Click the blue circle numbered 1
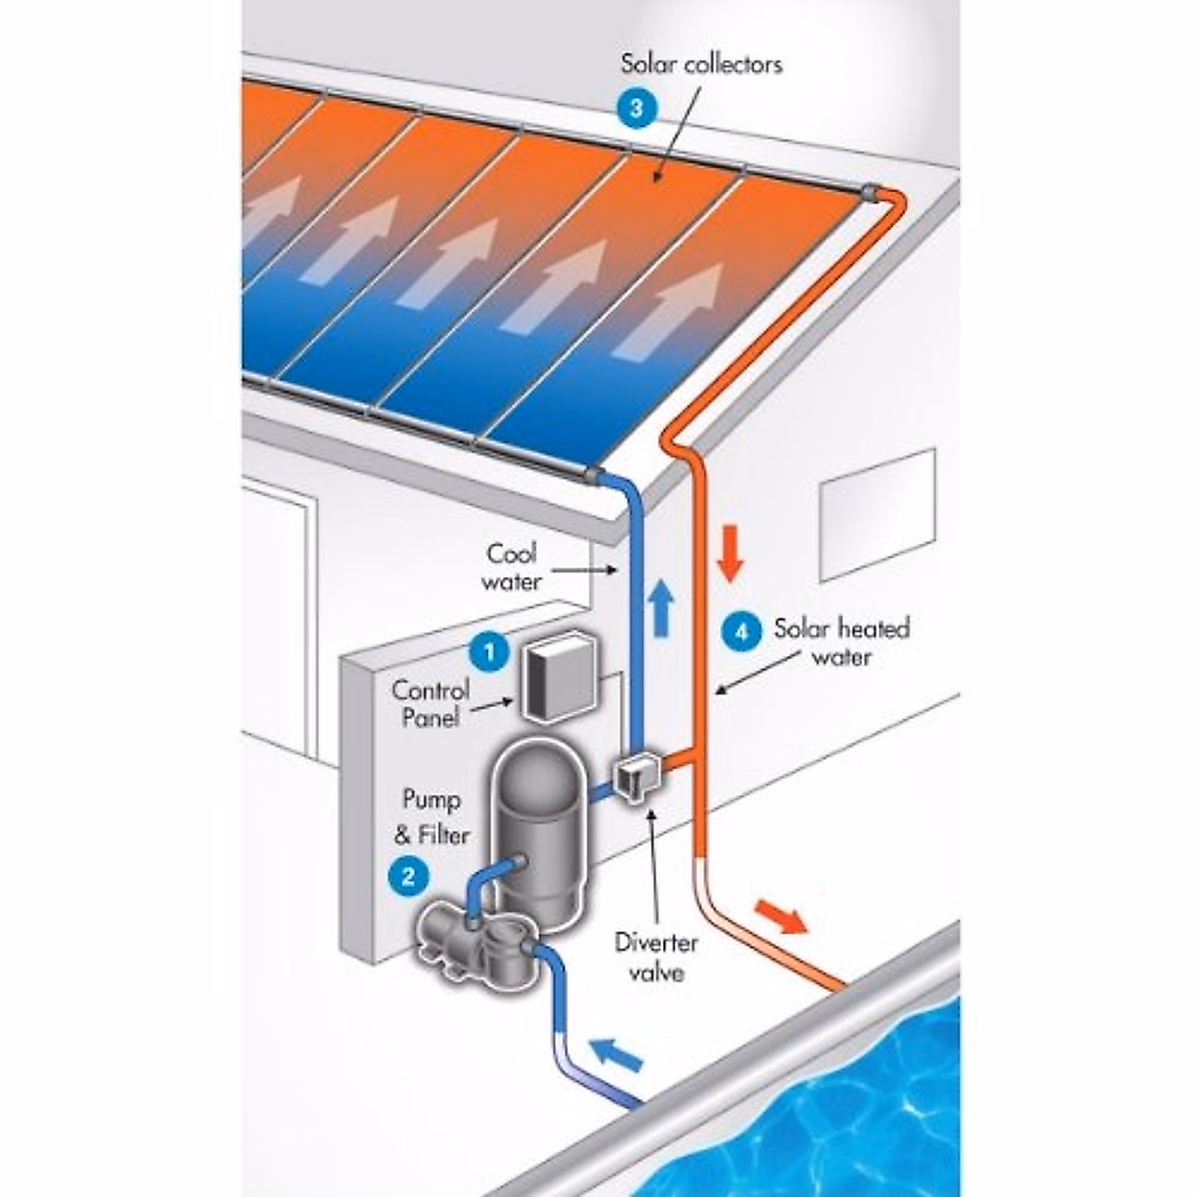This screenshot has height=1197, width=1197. (488, 654)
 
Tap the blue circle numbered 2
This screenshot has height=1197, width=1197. (408, 876)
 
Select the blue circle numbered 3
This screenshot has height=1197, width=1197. (634, 108)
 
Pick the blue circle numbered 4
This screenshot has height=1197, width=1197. (740, 631)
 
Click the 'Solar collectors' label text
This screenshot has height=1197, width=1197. (701, 65)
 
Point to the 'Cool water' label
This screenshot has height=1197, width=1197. (512, 567)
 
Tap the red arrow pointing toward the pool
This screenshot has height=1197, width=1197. (780, 915)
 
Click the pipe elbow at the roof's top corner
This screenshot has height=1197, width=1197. (887, 195)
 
